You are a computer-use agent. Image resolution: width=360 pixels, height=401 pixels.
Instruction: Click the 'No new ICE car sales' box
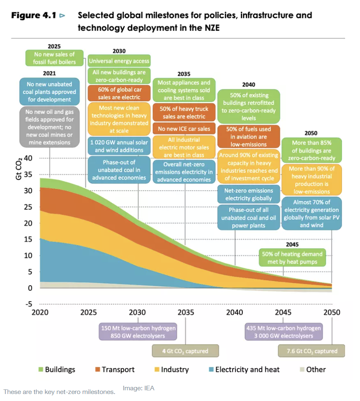coord(184,129)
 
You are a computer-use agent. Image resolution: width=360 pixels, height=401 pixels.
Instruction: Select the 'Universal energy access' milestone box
coord(119,61)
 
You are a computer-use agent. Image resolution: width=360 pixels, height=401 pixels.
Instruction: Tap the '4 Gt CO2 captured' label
coord(185,351)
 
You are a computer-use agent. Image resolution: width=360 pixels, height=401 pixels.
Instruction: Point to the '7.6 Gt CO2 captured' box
coord(312,351)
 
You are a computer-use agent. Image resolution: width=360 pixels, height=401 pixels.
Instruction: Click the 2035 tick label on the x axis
coord(186,312)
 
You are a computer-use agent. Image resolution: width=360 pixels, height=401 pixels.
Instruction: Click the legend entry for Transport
coord(114,370)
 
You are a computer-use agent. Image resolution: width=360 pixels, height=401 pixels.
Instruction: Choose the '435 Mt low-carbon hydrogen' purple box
coord(283,332)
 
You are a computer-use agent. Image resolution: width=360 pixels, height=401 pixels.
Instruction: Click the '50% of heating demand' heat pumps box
coord(292,257)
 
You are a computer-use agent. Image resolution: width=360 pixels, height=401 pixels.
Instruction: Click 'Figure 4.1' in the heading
coord(34,16)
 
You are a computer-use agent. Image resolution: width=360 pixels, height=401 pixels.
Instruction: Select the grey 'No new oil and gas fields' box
coord(49,127)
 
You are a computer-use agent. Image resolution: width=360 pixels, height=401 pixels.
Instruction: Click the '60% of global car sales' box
coord(119,93)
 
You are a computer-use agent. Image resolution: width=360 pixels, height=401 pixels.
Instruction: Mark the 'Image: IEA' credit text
coord(139,388)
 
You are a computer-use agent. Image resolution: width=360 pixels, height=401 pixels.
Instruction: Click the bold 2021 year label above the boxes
coord(49,73)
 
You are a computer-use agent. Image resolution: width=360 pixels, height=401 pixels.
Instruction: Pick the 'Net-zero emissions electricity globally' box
coord(248,194)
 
